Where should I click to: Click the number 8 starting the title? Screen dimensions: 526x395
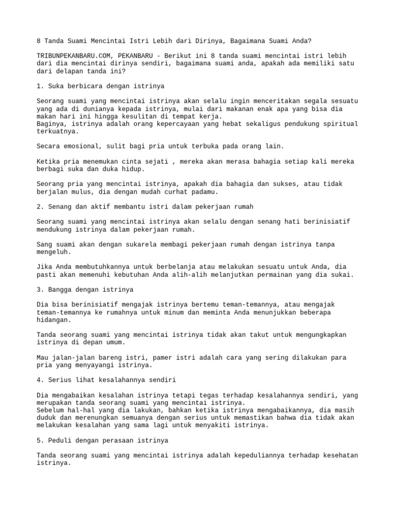coord(39,41)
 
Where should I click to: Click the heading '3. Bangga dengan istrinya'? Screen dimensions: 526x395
coord(85,290)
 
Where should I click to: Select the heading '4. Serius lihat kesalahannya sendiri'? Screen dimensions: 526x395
coord(107,380)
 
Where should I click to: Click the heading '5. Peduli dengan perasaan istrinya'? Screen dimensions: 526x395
coord(103,441)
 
